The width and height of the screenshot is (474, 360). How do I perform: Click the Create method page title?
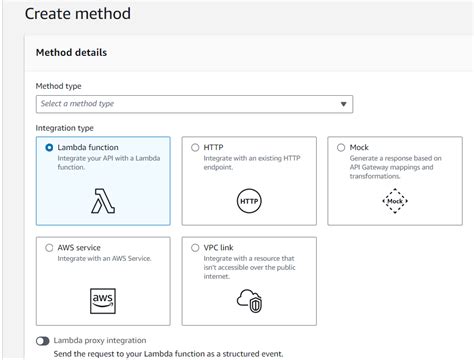coord(78,14)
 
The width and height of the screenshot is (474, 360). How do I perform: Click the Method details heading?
coord(71,52)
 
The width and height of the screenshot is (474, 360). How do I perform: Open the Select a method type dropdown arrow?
coord(343,104)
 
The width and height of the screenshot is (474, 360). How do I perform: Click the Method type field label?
coord(58,86)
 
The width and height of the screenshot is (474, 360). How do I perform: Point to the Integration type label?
coord(64,128)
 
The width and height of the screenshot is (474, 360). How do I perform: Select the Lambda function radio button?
coord(49,147)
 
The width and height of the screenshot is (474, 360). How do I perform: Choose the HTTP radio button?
coord(195,147)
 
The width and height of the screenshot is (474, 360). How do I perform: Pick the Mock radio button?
coord(341,147)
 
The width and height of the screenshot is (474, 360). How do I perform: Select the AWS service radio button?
coord(49,248)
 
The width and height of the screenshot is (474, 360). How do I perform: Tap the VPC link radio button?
coord(195,248)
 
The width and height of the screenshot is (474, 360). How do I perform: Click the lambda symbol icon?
coord(103,201)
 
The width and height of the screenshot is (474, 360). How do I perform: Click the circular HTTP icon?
coord(249,201)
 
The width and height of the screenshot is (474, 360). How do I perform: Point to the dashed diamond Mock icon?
coord(395,201)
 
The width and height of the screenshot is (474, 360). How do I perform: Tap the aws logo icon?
coord(103,301)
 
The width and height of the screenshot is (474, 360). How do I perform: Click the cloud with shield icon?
coord(249,301)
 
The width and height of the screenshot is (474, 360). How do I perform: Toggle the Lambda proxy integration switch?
coord(43,341)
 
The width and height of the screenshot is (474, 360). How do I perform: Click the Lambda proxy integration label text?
coord(100,340)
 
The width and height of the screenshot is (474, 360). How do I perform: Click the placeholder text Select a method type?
coord(77,104)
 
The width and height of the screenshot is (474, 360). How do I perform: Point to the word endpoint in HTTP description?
coord(218,167)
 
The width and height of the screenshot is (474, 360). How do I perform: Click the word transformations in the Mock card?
coord(375,176)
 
